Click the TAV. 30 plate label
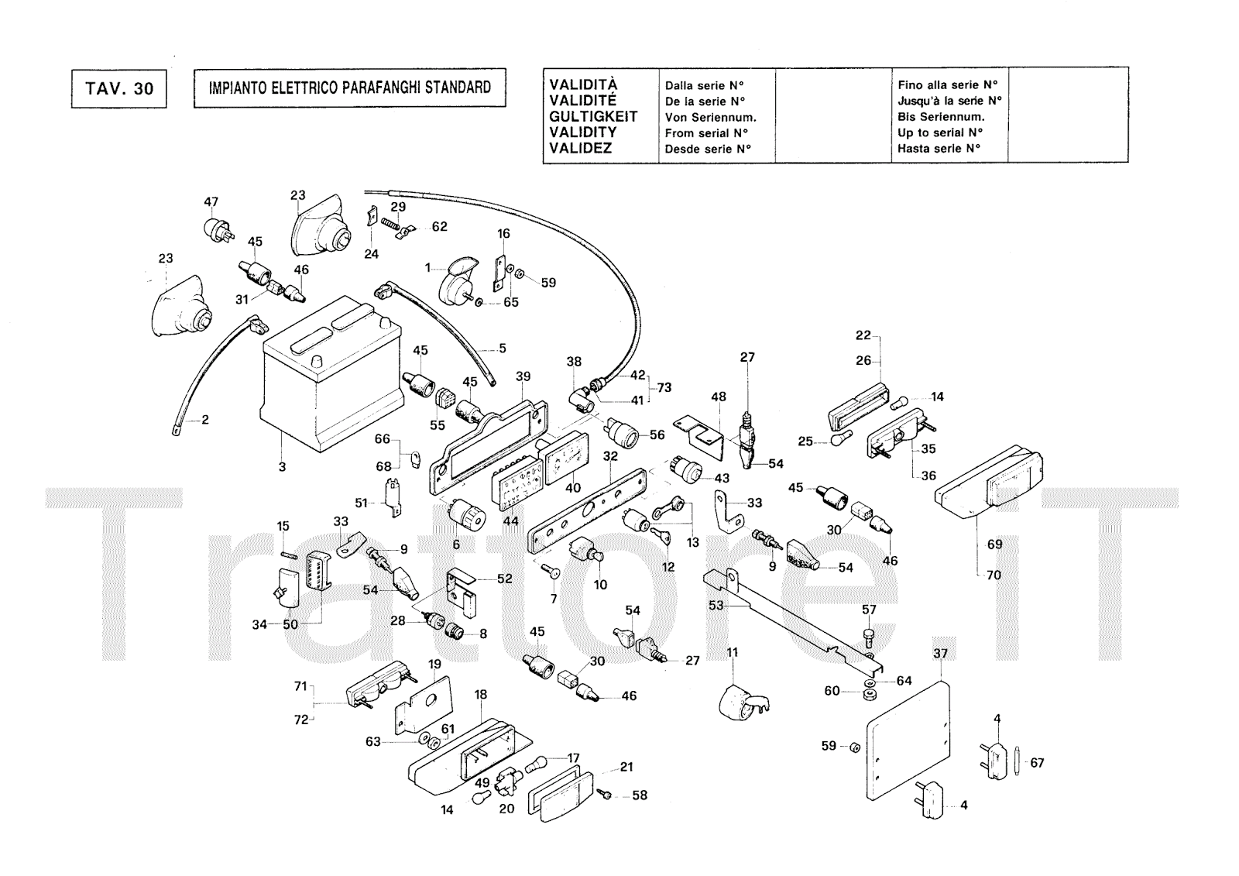pos(119,88)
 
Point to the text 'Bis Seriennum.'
pos(941,117)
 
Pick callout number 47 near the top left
pos(211,202)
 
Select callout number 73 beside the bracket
pos(664,387)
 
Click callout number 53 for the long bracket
pos(716,605)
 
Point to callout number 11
pos(732,652)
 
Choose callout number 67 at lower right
pos(1037,763)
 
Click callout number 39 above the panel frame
pos(523,376)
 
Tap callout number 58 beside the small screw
pos(640,795)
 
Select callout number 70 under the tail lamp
pos(994,575)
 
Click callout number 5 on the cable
pos(502,349)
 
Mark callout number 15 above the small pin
pos(283,527)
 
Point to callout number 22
pos(863,335)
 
